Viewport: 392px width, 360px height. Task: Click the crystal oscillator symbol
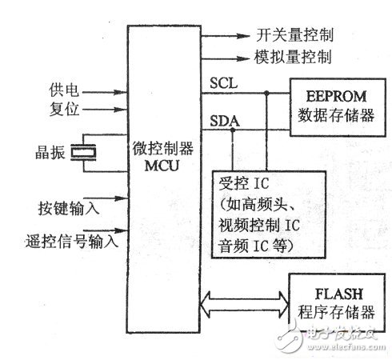click(82, 150)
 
